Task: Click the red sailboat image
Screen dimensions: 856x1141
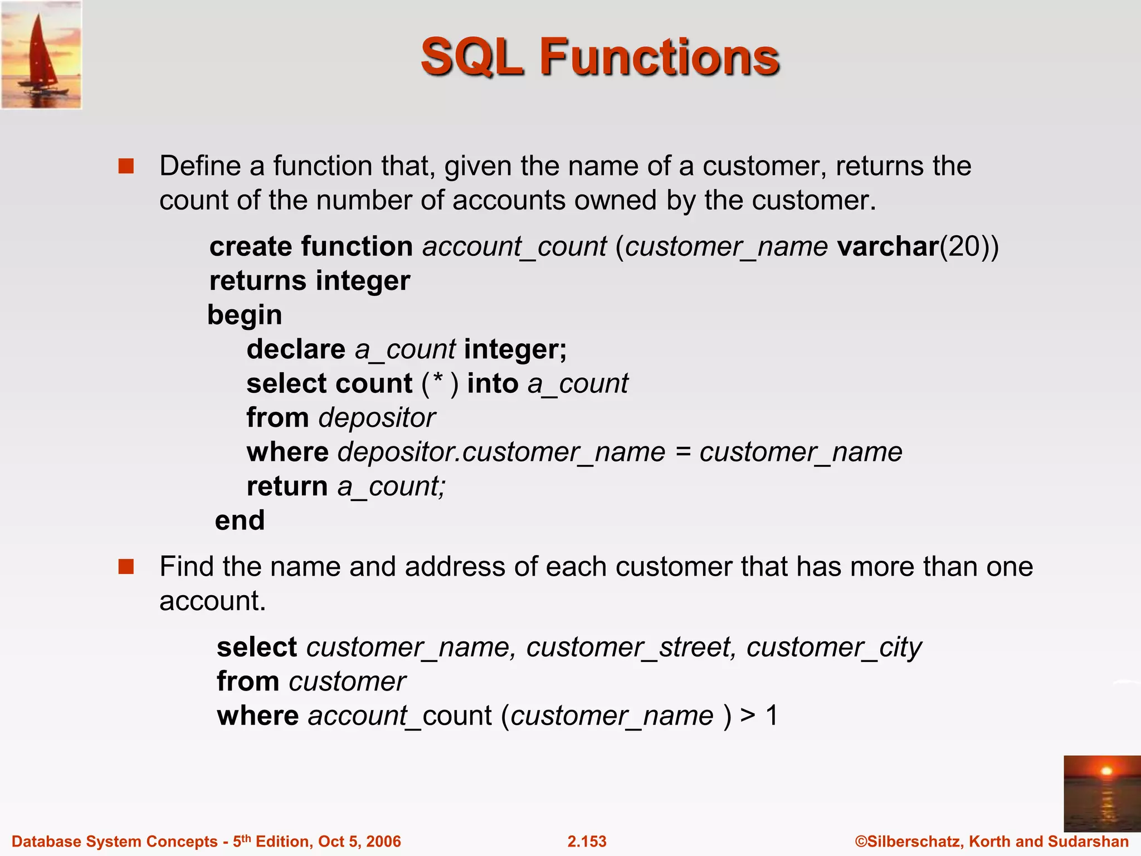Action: (41, 55)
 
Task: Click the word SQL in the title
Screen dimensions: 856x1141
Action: (472, 57)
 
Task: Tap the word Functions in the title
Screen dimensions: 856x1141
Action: (659, 57)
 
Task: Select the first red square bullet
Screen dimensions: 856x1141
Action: (126, 166)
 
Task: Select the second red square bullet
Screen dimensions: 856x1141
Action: (126, 567)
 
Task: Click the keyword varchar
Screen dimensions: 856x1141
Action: (888, 246)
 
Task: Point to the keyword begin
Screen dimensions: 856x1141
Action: (245, 315)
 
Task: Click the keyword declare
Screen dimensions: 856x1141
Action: (296, 349)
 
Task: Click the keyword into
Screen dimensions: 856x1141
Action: (493, 384)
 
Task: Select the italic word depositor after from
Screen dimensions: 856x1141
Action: (377, 418)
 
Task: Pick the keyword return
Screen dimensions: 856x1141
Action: (287, 487)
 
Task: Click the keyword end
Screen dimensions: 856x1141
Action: (240, 521)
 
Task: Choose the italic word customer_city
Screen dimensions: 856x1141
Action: (834, 648)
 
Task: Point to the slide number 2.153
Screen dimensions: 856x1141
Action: (587, 842)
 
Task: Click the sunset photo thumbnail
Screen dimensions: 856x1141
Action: (1101, 793)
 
